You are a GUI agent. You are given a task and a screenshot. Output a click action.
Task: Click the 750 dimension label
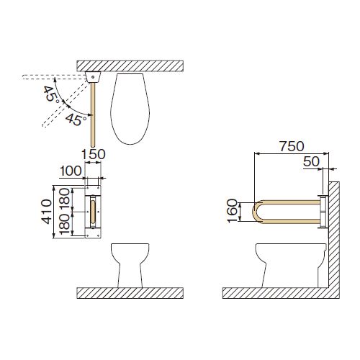[x=292, y=146]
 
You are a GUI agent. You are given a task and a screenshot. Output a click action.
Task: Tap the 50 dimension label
[x=311, y=161]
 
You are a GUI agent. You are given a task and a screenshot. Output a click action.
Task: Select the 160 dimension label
[x=233, y=212]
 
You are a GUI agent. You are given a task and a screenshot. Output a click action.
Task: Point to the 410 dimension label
[x=46, y=212]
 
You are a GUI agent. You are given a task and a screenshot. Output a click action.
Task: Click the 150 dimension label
[x=94, y=155]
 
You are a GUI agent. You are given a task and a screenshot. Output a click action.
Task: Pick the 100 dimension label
[x=71, y=171]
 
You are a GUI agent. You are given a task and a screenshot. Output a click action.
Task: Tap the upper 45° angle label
[x=51, y=95]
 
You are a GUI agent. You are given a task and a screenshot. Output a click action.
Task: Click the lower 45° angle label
[x=76, y=120]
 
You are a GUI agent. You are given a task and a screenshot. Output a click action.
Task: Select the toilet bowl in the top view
[x=130, y=109]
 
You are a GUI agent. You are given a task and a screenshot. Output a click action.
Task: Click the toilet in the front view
[x=130, y=265]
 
